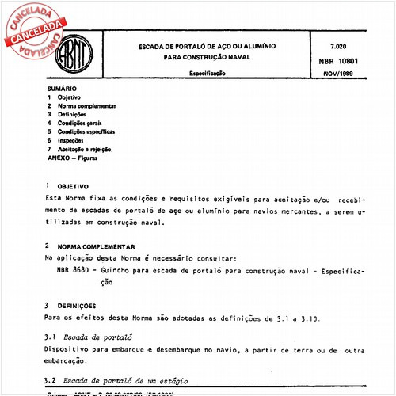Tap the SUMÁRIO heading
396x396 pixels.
click(61, 89)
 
